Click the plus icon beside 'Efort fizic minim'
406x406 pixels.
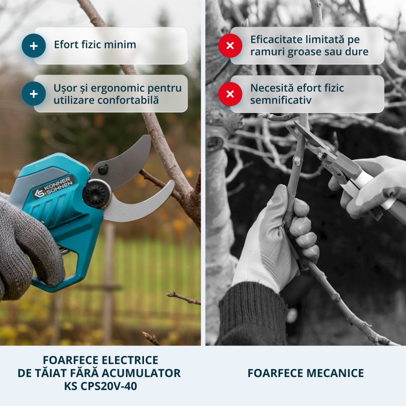[34, 46]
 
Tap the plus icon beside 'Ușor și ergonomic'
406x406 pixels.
[34, 94]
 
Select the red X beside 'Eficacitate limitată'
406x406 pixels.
[230, 45]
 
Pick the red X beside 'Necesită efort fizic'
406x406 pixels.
[230, 94]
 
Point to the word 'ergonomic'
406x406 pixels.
[117, 88]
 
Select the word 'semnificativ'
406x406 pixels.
[281, 100]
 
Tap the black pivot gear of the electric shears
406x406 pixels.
[97, 194]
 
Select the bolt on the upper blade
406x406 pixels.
[103, 169]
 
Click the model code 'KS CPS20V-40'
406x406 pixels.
[101, 386]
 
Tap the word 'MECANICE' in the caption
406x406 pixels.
[335, 373]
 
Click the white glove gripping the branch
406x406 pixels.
[276, 238]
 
